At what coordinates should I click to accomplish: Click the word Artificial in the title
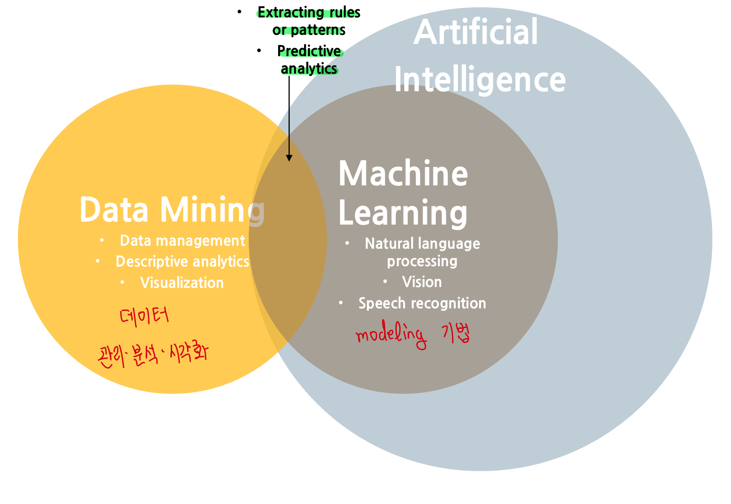(x=475, y=32)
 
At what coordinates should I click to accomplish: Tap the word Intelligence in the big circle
(x=480, y=80)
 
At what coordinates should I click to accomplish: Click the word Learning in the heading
(x=403, y=213)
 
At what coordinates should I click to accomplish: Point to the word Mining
(x=213, y=210)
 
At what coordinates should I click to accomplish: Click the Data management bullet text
(x=182, y=241)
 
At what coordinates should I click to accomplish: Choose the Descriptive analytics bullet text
(x=182, y=262)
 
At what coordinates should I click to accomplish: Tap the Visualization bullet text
(x=182, y=283)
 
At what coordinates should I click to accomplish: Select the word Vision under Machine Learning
(x=422, y=282)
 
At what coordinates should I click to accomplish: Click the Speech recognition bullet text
(x=422, y=303)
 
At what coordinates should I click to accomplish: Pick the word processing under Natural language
(x=422, y=261)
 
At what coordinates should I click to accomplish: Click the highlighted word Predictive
(x=309, y=51)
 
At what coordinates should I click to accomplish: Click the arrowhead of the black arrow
(x=289, y=158)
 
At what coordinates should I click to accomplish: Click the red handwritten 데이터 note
(x=144, y=317)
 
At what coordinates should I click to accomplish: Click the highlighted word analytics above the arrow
(x=309, y=69)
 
